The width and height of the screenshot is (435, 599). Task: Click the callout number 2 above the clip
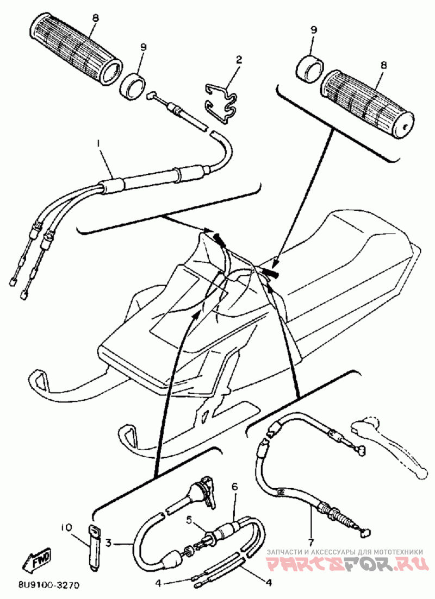click(x=238, y=59)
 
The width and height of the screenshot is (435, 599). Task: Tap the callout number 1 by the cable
click(x=98, y=143)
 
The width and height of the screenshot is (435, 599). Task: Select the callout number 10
click(x=66, y=527)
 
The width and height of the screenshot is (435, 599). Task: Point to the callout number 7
click(x=311, y=542)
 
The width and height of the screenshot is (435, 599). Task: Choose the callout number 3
click(x=109, y=542)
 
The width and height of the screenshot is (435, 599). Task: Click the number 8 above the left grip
click(x=95, y=18)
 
